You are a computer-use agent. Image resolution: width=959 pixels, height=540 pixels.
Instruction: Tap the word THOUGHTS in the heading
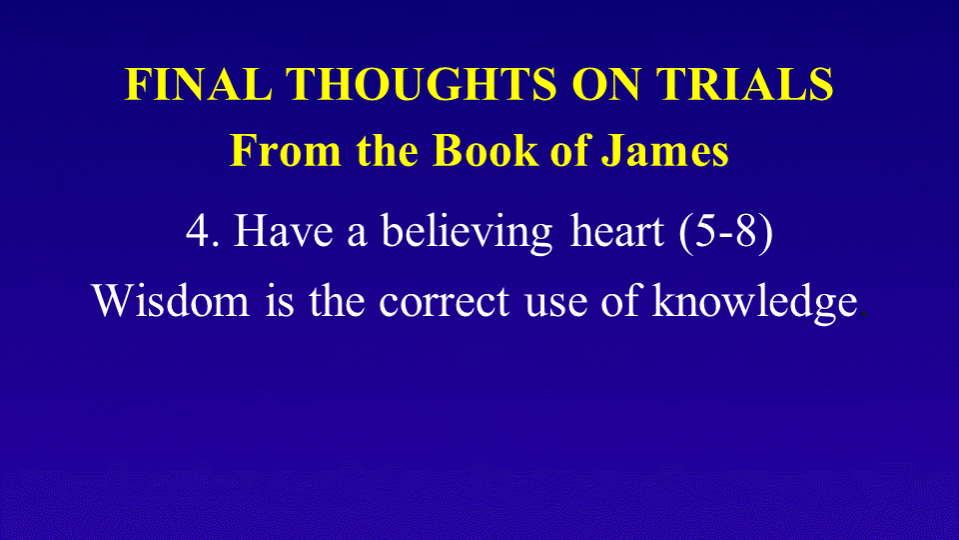pos(422,84)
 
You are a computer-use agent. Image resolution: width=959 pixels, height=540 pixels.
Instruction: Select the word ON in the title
pos(606,84)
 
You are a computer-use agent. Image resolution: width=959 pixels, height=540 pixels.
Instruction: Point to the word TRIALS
pos(744,84)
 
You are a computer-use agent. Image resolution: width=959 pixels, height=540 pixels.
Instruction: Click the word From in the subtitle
pos(285,150)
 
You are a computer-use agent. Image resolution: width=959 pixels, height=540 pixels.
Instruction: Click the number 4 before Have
pos(198,231)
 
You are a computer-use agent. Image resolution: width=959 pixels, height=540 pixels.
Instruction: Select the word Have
pos(283,231)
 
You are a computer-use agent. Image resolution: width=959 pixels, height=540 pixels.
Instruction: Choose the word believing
pos(467,233)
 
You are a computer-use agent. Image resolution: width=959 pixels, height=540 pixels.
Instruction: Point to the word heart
pos(616,230)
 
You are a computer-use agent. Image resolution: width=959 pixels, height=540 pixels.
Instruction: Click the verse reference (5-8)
pos(726,233)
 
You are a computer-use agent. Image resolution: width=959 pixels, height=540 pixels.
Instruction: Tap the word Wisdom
pos(171,300)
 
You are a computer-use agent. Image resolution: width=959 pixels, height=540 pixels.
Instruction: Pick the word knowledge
pos(755,302)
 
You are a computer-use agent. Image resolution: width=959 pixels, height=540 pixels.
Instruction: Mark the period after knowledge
pos(863,314)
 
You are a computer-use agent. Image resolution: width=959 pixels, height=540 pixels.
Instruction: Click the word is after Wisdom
pos(280,300)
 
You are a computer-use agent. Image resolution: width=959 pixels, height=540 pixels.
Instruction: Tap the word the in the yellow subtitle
pos(388,150)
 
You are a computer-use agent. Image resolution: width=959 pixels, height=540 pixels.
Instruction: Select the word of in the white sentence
pos(619,299)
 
